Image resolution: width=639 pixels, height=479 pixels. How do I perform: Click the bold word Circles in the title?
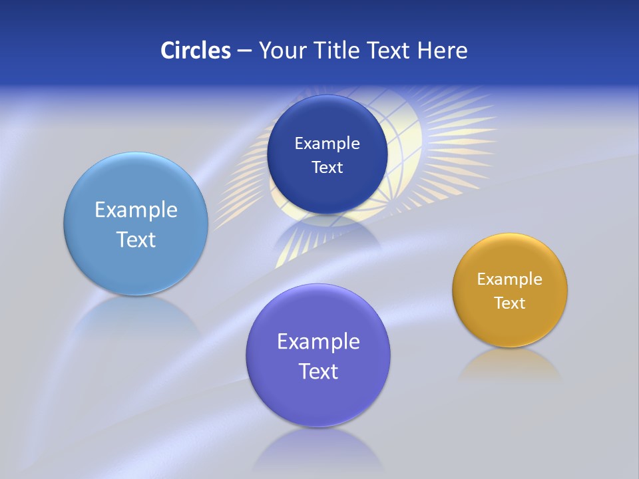coord(195,50)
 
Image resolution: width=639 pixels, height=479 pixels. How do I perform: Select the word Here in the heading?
coord(442,50)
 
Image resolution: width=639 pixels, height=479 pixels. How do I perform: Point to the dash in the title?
coord(244,51)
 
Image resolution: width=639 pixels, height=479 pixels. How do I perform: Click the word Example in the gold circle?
coord(510,279)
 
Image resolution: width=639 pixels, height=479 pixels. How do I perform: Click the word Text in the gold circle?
coord(510,303)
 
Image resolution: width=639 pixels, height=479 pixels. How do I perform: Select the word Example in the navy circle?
coord(327,143)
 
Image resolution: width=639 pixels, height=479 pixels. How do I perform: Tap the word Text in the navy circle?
coord(327,167)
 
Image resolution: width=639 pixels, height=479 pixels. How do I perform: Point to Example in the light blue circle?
coord(136,210)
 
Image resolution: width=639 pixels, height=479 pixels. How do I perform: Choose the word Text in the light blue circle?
coord(136,239)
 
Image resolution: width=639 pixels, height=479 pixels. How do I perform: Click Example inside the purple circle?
coord(318,342)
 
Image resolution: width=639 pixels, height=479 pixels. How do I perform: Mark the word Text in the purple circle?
coord(318,371)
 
